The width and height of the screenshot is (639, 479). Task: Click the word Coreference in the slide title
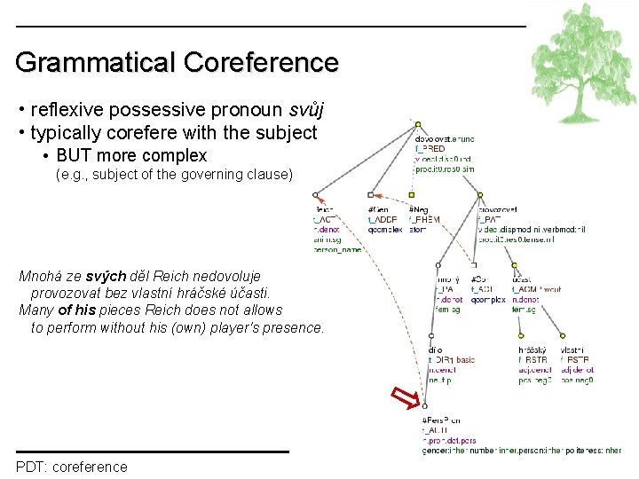261,62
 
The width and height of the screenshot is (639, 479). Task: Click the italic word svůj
306,110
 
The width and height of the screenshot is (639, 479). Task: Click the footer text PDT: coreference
71,467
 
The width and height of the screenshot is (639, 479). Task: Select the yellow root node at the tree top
417,123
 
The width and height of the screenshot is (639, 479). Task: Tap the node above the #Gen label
371,194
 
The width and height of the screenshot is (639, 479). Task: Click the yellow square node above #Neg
412,194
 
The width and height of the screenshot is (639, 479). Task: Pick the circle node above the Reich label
315,194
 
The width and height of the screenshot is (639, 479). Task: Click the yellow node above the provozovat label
480,194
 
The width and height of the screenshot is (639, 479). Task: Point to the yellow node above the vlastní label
563,336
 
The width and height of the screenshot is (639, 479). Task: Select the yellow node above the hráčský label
520,336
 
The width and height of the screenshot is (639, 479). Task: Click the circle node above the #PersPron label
425,405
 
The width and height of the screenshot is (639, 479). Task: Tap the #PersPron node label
441,419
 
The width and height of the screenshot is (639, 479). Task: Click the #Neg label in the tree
417,209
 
